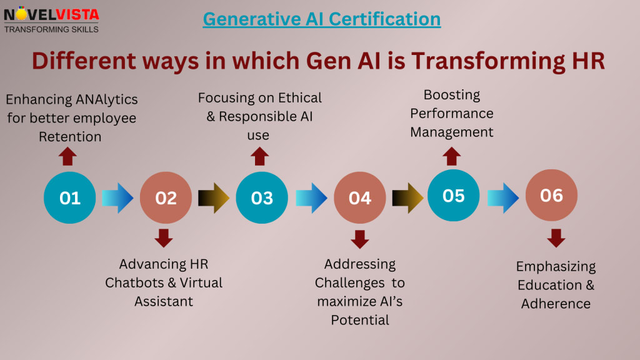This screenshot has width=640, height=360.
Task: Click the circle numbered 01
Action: click(x=70, y=197)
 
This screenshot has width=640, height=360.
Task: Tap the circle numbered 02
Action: click(x=166, y=197)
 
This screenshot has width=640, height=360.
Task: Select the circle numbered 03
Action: click(x=262, y=197)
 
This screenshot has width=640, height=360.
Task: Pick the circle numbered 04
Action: click(x=359, y=197)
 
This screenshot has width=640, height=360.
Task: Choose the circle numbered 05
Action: click(x=453, y=195)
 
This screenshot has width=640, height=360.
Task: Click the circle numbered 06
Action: click(x=551, y=195)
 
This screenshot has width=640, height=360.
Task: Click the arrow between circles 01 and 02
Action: click(x=117, y=197)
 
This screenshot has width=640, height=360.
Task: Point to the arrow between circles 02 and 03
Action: click(x=214, y=197)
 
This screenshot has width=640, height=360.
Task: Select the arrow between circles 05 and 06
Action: click(x=503, y=197)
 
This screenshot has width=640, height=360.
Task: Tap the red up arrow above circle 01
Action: click(x=68, y=156)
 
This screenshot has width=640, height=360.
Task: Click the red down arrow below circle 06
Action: click(x=556, y=237)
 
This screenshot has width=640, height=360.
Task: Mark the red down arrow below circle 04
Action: click(x=360, y=239)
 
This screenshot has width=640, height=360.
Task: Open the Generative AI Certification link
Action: click(x=322, y=19)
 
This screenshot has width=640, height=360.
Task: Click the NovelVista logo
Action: click(x=51, y=19)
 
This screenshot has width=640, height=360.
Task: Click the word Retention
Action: click(x=71, y=136)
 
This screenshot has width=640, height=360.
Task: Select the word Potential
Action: click(x=360, y=320)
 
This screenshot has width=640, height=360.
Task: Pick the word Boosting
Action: click(x=451, y=95)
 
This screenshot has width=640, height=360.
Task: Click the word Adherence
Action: click(x=556, y=304)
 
